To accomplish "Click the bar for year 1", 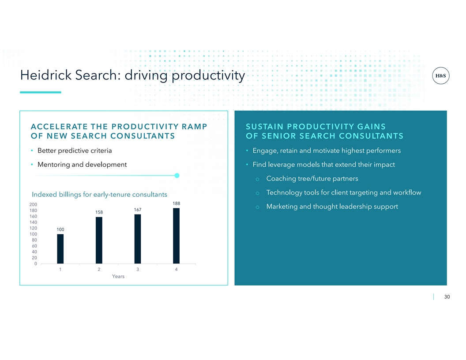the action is point(60,249).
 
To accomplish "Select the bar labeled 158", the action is point(99,240).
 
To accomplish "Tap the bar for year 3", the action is point(138,239).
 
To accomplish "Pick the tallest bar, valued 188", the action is point(176,236).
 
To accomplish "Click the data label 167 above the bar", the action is point(138,210).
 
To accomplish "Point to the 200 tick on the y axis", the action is point(33,204).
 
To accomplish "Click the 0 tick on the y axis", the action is point(36,264).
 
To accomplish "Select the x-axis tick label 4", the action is point(176,270).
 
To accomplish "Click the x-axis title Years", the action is point(118,276).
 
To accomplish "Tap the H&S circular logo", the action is point(440,76).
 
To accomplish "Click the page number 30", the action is point(447,297).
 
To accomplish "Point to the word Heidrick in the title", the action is point(46,75).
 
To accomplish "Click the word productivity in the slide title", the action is point(208,76).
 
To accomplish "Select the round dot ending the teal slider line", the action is point(177,176).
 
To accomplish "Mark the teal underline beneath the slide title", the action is point(41,92).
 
